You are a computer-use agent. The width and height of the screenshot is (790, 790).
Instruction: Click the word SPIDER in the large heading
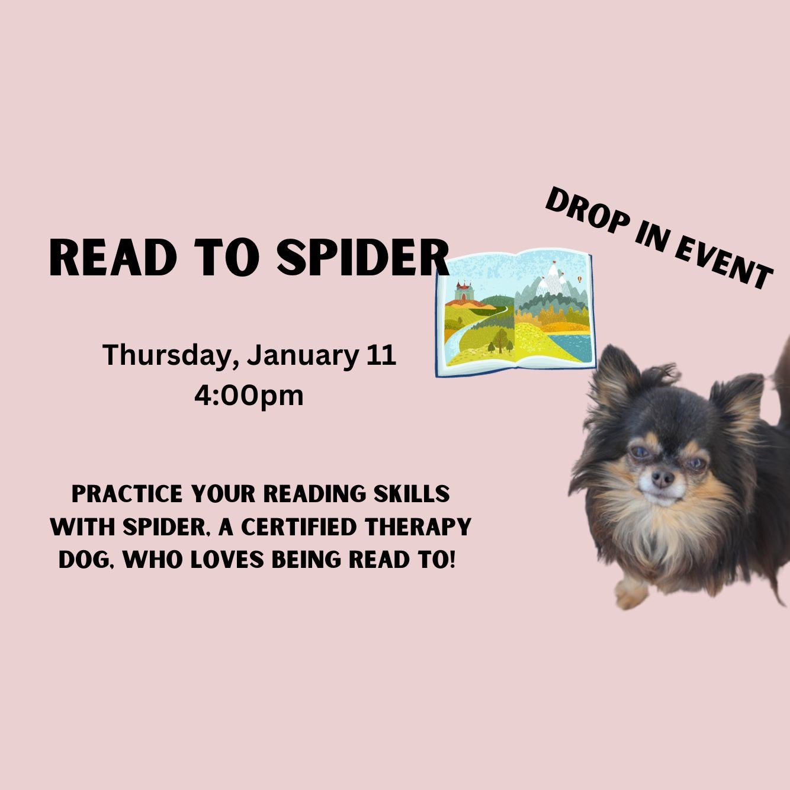[x=363, y=259]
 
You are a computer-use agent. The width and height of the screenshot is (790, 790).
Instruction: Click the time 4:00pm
[x=249, y=394]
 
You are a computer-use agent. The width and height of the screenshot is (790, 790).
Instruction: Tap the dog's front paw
[x=630, y=592]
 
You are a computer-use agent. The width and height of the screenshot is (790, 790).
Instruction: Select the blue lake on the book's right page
[x=575, y=346]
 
